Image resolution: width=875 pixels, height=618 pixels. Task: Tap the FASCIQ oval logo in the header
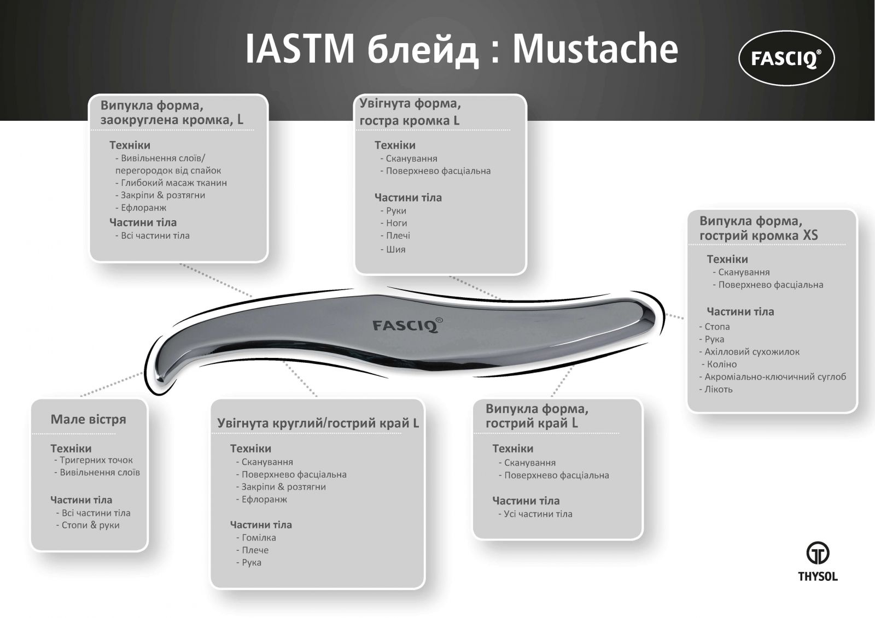click(786, 58)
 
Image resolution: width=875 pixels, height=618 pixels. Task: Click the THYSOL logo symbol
click(818, 553)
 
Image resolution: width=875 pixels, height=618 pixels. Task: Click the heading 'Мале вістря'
click(88, 419)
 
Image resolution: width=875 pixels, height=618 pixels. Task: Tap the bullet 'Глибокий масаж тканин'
click(171, 183)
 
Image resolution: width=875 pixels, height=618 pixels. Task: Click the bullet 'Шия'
click(393, 249)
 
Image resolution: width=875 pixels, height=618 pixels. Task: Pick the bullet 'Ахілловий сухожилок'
click(749, 352)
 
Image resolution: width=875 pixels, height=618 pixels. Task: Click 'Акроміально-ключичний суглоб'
click(773, 376)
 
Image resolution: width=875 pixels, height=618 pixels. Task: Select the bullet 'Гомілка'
click(256, 538)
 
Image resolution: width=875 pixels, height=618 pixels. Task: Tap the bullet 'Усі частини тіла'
click(535, 514)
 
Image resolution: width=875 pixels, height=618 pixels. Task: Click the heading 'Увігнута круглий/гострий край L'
click(318, 423)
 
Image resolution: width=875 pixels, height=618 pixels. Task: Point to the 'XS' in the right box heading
click(810, 235)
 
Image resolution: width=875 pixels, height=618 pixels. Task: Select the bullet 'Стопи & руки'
click(88, 525)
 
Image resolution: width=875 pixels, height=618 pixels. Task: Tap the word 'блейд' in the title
click(423, 50)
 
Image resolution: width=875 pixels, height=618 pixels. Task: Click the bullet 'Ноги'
click(394, 223)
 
